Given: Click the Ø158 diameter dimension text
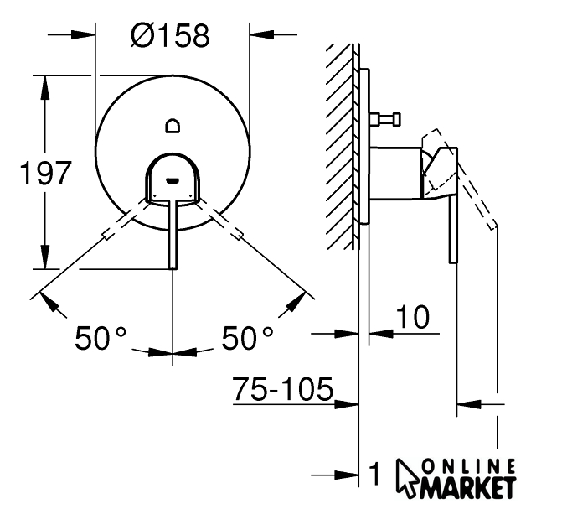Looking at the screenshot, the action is [170, 35].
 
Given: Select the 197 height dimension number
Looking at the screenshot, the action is [45, 173].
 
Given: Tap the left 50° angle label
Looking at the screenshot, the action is [101, 337].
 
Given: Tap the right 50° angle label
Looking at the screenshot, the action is [247, 337].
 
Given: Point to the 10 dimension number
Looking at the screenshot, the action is [412, 317].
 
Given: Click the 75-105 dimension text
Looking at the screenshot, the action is [283, 389].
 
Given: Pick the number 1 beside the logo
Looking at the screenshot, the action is [374, 474].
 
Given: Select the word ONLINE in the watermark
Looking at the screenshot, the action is [469, 466].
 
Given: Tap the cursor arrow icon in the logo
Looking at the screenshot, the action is [407, 478].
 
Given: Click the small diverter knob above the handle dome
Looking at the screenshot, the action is [173, 126].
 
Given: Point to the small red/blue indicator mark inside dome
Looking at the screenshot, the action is [173, 179].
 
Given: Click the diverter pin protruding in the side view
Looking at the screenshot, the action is [385, 120].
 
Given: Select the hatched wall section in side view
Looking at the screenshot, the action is [338, 147].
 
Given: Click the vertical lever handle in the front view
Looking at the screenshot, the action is [173, 233].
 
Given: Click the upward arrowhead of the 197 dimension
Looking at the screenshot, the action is [44, 87].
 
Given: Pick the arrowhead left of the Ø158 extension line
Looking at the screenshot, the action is [83, 35].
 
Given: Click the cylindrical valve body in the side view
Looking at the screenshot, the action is [395, 173].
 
